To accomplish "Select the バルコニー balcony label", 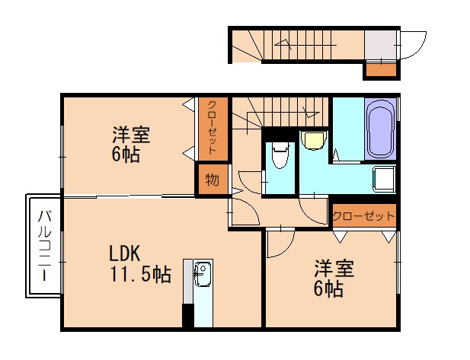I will [x=43, y=246].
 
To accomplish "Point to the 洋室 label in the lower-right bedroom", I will [x=334, y=269].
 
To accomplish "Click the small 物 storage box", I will [x=211, y=180].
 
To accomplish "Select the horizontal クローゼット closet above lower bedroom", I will [x=363, y=216].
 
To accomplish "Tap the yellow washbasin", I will [x=312, y=140].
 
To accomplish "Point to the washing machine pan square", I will [x=383, y=180].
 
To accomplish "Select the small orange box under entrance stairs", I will [x=380, y=70].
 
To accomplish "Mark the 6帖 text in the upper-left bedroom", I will [x=125, y=155].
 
